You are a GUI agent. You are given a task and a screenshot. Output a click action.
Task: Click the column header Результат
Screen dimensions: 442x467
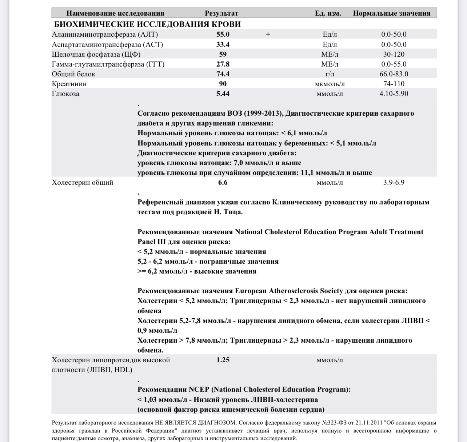221,13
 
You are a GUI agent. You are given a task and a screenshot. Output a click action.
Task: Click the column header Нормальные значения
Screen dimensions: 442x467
391,13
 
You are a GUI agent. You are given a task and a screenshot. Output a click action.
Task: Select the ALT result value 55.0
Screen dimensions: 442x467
223,35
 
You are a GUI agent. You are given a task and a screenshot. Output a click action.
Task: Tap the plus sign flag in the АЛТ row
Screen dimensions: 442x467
268,35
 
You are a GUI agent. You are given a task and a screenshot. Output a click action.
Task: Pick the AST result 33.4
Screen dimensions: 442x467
223,44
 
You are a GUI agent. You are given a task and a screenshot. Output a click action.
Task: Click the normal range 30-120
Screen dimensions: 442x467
394,54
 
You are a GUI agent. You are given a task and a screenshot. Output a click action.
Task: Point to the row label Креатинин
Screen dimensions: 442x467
69,84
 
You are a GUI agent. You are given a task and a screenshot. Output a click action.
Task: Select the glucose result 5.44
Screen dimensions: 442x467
223,93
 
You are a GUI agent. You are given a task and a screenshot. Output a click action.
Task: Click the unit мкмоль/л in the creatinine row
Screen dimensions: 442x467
330,84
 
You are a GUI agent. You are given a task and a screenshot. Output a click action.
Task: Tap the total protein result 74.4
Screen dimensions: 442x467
223,74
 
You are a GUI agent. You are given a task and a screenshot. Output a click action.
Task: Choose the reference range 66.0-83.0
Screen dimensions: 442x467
394,74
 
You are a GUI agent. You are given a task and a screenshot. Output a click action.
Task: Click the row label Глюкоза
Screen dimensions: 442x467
65,93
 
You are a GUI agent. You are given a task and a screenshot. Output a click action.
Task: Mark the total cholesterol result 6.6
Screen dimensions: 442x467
223,182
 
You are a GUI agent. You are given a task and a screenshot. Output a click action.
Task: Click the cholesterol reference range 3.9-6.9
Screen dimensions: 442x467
394,182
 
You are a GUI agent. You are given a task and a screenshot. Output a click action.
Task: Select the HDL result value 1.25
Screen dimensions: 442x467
223,360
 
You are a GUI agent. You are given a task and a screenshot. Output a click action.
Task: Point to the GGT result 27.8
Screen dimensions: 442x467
223,64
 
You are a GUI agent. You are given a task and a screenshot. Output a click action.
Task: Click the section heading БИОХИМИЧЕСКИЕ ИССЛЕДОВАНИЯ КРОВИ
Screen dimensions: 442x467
147,24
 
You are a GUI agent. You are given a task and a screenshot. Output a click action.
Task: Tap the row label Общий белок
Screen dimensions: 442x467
73,74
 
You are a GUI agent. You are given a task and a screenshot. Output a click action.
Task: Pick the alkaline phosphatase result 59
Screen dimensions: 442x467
223,54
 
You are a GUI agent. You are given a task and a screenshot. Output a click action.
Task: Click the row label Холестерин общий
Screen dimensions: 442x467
83,182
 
